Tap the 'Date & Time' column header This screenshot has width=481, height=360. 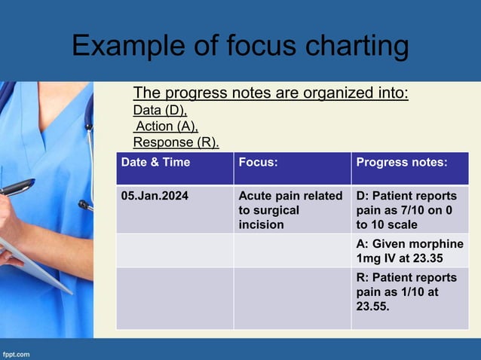pyautogui.click(x=156, y=162)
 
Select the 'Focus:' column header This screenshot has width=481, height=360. pyautogui.click(x=258, y=162)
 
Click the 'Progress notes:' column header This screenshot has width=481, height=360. pyautogui.click(x=402, y=162)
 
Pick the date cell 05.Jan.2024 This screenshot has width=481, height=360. pyautogui.click(x=155, y=196)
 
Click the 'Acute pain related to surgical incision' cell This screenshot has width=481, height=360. pyautogui.click(x=291, y=210)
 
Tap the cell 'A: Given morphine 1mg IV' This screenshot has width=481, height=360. pyautogui.click(x=409, y=250)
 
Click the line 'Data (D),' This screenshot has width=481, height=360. pyautogui.click(x=160, y=111)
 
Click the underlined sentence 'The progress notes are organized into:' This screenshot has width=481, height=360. pyautogui.click(x=271, y=93)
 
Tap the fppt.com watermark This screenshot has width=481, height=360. pyautogui.click(x=17, y=352)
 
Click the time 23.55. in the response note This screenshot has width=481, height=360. pyautogui.click(x=373, y=307)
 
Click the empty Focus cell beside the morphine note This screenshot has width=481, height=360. pyautogui.click(x=292, y=250)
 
